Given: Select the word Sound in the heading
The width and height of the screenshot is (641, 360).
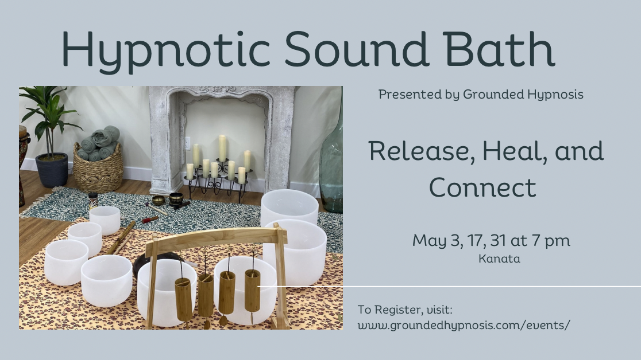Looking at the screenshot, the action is pyautogui.click(x=356, y=48).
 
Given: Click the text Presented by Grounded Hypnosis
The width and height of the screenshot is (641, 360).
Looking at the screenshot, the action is pyautogui.click(x=481, y=95).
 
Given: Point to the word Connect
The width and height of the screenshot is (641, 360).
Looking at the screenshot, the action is pyautogui.click(x=482, y=188).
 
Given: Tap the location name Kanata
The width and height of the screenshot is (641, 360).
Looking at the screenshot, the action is pyautogui.click(x=499, y=259).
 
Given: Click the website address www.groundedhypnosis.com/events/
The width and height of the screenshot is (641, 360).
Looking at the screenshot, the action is pyautogui.click(x=464, y=325).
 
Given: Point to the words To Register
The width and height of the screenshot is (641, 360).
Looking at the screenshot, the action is pyautogui.click(x=388, y=310).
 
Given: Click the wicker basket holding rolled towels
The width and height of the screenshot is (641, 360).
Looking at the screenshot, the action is pyautogui.click(x=98, y=168).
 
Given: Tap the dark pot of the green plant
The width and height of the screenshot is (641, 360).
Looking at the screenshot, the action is pyautogui.click(x=52, y=169).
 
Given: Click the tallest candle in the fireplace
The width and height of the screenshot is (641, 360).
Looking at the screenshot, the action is pyautogui.click(x=222, y=148).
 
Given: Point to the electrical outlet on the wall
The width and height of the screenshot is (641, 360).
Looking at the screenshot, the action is pyautogui.click(x=188, y=144).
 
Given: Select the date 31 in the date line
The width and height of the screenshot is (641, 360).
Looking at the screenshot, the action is pyautogui.click(x=498, y=240).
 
